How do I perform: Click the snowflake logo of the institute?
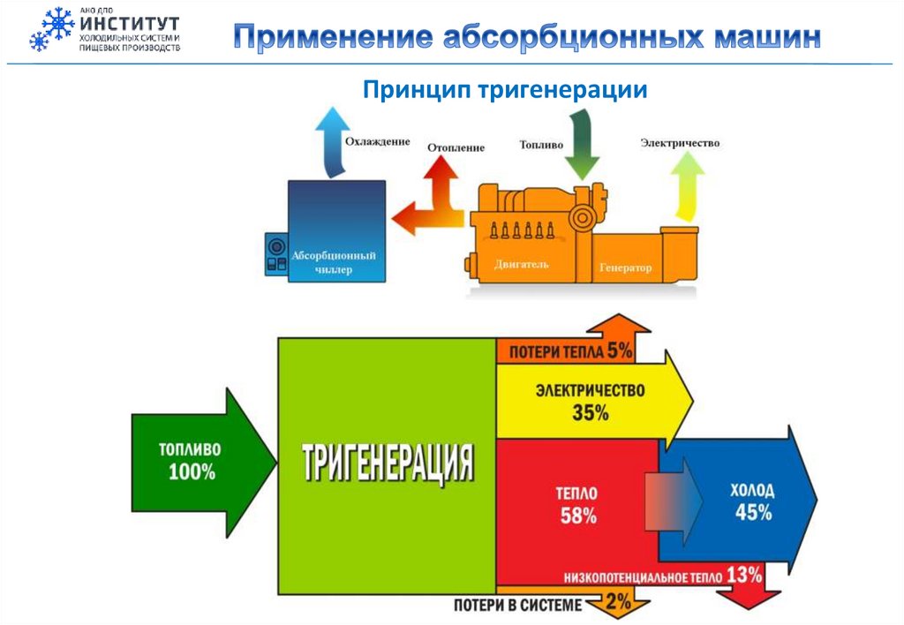52,28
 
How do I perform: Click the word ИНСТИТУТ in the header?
129,24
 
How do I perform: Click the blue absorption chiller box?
336,231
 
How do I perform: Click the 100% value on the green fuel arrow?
192,471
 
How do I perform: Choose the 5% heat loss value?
620,350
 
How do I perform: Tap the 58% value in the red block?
578,516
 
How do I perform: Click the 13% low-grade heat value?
745,576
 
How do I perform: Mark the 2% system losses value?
619,604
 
